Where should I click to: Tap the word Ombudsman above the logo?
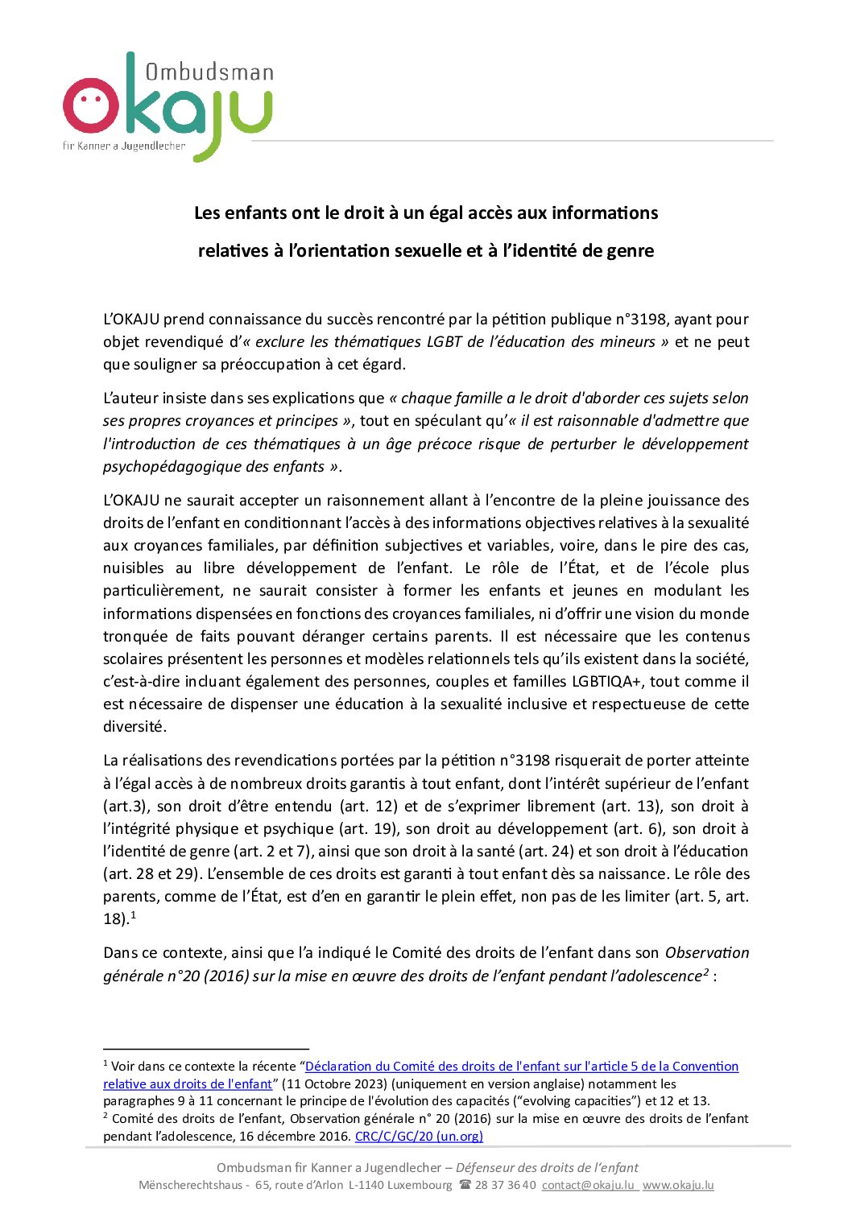click(x=209, y=72)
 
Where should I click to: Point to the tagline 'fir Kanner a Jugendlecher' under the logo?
click(x=124, y=146)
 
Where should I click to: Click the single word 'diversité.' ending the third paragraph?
click(x=134, y=726)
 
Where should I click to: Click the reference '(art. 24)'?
click(x=546, y=851)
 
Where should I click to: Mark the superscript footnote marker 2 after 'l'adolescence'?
click(x=705, y=972)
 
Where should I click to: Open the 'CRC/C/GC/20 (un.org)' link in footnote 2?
click(x=419, y=1136)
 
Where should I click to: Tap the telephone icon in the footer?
click(x=465, y=1185)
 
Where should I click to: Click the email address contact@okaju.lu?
click(x=588, y=1185)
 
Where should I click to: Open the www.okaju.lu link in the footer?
click(x=678, y=1185)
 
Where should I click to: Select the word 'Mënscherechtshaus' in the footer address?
click(x=190, y=1185)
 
